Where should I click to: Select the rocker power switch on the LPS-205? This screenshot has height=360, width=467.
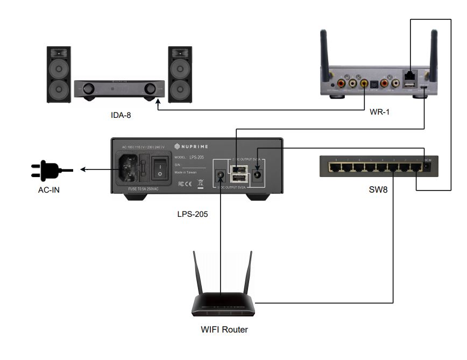[160, 168]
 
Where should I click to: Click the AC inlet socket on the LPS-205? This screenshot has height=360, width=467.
[131, 168]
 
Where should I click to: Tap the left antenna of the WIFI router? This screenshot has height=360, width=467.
[197, 274]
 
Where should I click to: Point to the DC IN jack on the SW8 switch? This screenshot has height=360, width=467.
[427, 167]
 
